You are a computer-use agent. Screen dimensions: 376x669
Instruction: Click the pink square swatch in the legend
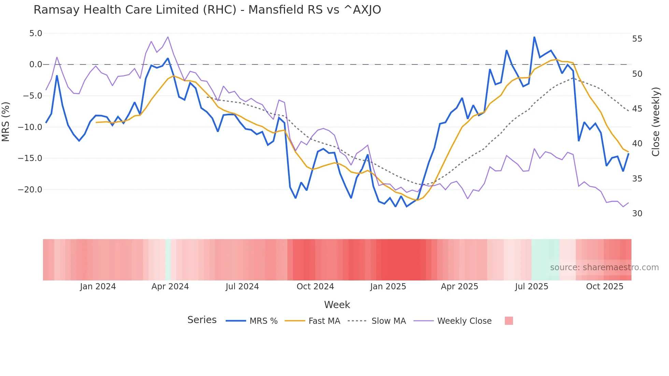coord(509,321)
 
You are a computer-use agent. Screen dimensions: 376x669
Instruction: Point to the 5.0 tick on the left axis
coord(35,33)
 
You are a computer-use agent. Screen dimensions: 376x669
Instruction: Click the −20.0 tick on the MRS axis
coord(30,190)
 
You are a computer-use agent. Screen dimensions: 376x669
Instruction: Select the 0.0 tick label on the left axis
coord(35,64)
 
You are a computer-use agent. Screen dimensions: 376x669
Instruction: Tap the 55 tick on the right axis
coord(637,39)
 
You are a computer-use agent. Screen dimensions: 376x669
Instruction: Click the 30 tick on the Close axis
coord(637,214)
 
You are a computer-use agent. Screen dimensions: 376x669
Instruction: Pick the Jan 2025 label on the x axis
coord(388,287)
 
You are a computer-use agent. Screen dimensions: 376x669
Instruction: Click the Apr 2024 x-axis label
coord(170,287)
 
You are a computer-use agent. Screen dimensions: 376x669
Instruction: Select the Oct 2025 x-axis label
coord(604,287)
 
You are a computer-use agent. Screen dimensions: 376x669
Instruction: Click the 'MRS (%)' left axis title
coord(6,121)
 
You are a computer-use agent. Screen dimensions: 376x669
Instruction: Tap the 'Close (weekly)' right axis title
coord(655,122)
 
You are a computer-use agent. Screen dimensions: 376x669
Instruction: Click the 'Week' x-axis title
coord(337,305)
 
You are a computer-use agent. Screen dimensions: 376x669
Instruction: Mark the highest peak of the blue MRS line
coord(534,37)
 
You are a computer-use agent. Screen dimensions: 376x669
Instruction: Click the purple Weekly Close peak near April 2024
coord(168,37)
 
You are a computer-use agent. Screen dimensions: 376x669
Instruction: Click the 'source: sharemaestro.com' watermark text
coord(604,267)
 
